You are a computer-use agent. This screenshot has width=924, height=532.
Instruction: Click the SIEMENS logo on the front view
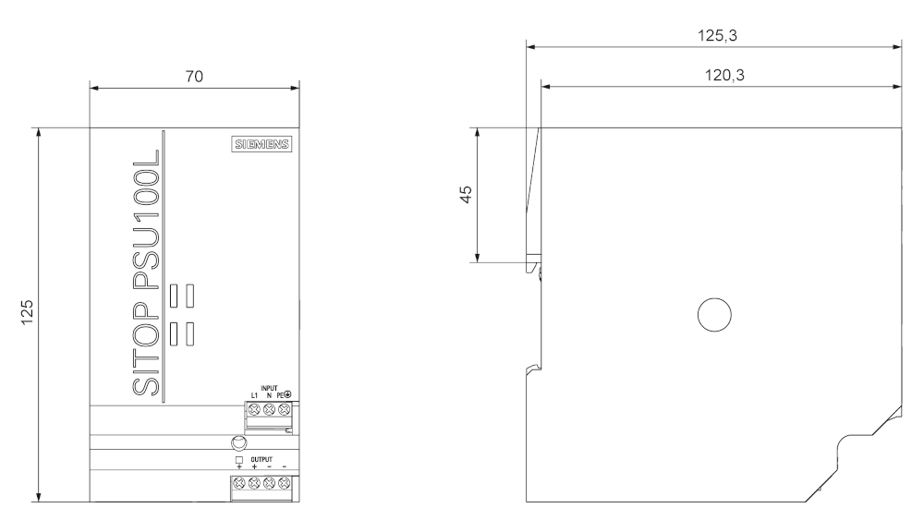pos(261,145)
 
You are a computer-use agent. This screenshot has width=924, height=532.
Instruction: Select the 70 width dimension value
pos(193,78)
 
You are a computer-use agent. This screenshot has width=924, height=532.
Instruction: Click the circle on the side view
pos(714,315)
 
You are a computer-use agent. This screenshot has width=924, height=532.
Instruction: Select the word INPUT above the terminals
pos(268,387)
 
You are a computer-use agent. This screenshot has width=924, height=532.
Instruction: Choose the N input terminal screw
pos(269,406)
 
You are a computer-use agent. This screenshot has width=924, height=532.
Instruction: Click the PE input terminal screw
pos(283,406)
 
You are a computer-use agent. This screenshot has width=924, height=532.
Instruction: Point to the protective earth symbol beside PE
pos(288,394)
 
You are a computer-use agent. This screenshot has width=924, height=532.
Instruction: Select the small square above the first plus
pos(238,458)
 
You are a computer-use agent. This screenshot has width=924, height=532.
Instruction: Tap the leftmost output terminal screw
pos(239,483)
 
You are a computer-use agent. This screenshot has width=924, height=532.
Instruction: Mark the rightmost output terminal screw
pos(285,483)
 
